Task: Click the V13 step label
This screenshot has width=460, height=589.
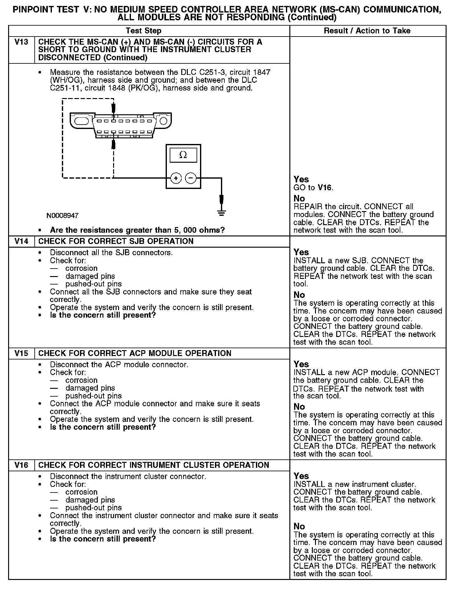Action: coord(21,42)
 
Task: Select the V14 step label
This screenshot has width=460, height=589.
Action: coord(21,241)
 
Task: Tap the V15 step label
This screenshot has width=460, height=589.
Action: coord(21,353)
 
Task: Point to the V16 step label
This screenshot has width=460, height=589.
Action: coord(21,465)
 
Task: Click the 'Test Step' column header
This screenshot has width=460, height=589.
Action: coord(143,31)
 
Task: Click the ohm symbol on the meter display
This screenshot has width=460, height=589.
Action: coord(183,155)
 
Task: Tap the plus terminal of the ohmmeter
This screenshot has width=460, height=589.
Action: coord(176,178)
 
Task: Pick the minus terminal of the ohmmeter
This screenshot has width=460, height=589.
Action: coord(191,178)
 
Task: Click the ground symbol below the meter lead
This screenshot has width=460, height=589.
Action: coord(221,213)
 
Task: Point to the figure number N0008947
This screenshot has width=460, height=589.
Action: coord(62,215)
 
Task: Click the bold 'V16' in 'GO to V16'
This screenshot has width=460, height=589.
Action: coord(325,188)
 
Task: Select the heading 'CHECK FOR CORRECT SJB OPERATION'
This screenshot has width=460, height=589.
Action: coord(116,241)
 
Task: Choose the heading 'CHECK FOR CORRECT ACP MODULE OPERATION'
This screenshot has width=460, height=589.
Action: coord(135,353)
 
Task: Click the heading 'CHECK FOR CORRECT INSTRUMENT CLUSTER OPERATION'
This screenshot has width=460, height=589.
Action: coord(153,465)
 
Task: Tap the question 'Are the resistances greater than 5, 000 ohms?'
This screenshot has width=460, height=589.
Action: coord(137,230)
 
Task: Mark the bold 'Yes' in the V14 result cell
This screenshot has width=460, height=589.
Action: coord(301,252)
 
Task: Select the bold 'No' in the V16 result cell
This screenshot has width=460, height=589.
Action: coord(299,526)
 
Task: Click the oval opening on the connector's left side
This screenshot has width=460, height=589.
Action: coord(82,121)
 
